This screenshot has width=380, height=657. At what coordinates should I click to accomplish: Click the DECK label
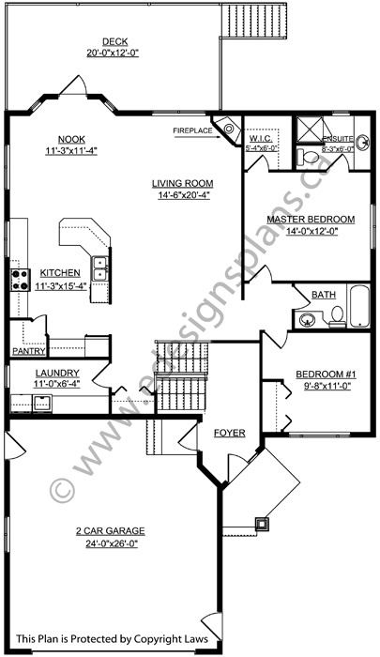coord(114,41)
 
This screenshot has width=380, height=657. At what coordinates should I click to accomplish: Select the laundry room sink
coord(43,404)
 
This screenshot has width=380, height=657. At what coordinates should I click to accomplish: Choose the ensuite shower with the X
coord(308,128)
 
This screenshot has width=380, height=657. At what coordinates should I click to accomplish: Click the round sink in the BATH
coord(307,320)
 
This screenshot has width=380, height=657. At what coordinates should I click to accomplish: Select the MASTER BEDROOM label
coord(310,220)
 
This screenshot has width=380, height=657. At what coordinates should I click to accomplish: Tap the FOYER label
coord(229,433)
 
